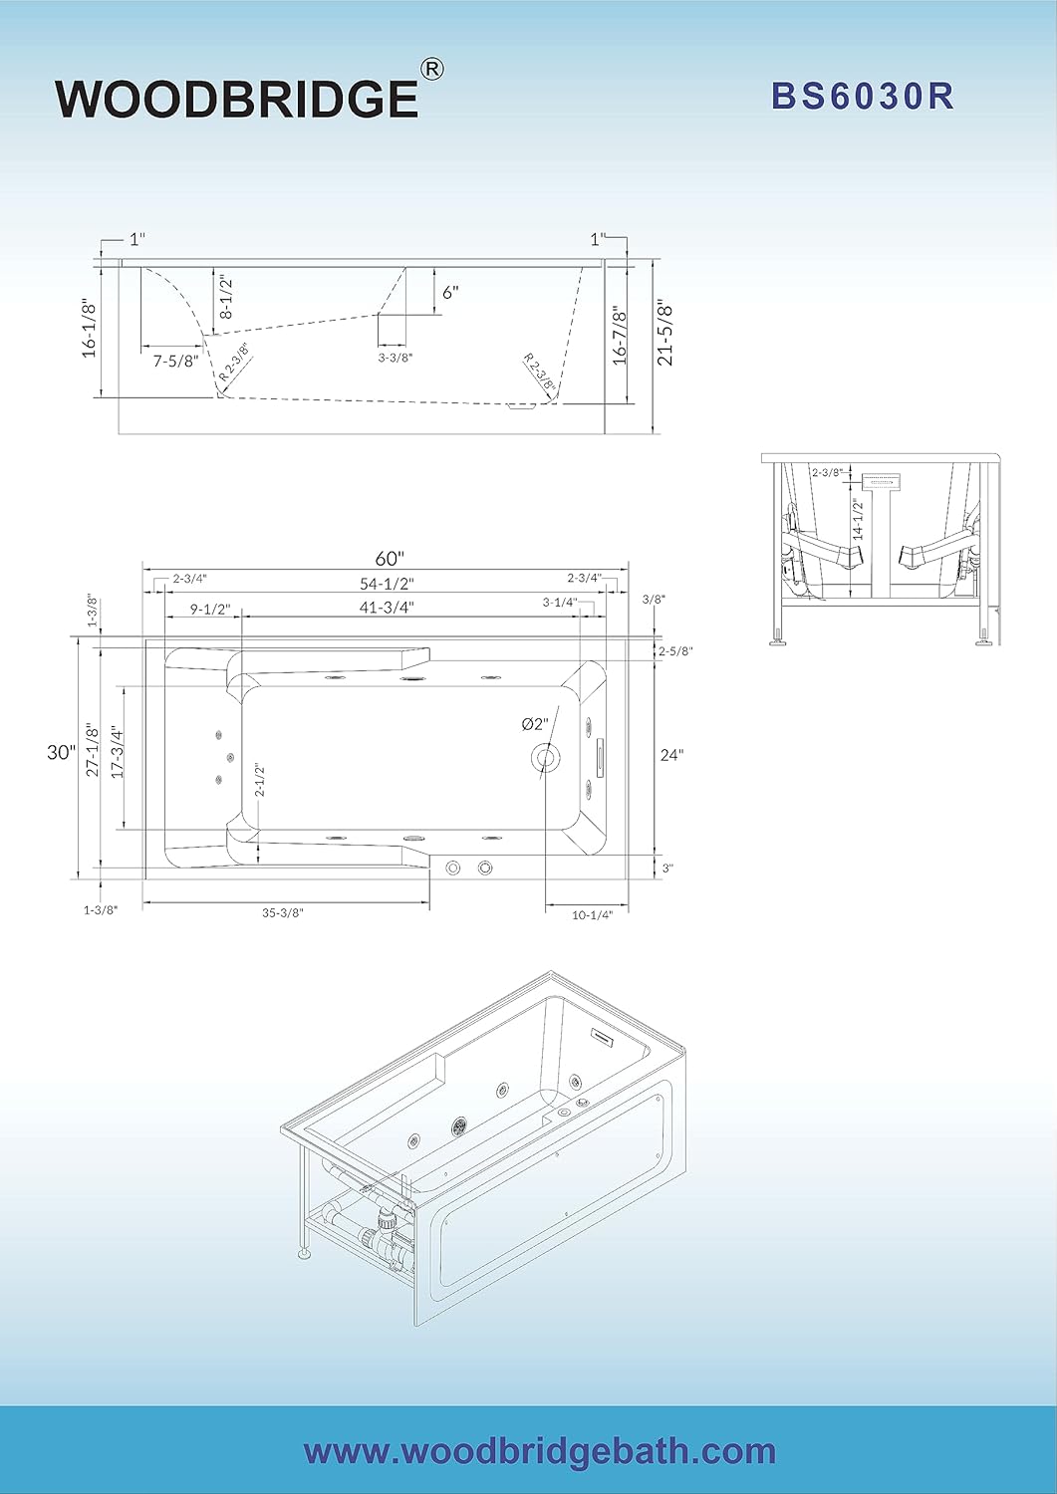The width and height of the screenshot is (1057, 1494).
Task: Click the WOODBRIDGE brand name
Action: [x=237, y=98]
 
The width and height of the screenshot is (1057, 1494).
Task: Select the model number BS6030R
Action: [x=863, y=96]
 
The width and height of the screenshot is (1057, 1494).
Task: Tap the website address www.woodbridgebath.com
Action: [x=539, y=1451]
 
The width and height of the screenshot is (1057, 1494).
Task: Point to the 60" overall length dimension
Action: [x=391, y=559]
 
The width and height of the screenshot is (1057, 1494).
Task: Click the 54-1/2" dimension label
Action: [x=387, y=584]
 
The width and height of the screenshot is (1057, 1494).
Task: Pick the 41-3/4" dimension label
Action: [x=388, y=607]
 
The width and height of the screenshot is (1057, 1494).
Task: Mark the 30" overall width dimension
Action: [x=61, y=752]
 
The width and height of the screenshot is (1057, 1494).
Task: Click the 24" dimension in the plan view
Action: [x=671, y=755]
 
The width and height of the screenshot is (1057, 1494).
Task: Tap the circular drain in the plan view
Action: [x=545, y=757]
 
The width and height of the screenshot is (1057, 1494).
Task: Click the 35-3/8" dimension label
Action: [x=283, y=912]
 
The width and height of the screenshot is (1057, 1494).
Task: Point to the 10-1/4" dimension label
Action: [x=592, y=914]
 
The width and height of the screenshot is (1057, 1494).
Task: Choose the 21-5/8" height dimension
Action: [x=665, y=333]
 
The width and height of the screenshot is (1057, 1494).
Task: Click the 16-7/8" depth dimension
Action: [x=620, y=336]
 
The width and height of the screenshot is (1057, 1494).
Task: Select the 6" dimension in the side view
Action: [x=451, y=292]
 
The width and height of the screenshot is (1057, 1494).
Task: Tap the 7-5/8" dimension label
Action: [x=175, y=362]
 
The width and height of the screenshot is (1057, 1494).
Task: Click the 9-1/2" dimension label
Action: [x=210, y=610]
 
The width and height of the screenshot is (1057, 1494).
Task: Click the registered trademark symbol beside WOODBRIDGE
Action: [x=432, y=69]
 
